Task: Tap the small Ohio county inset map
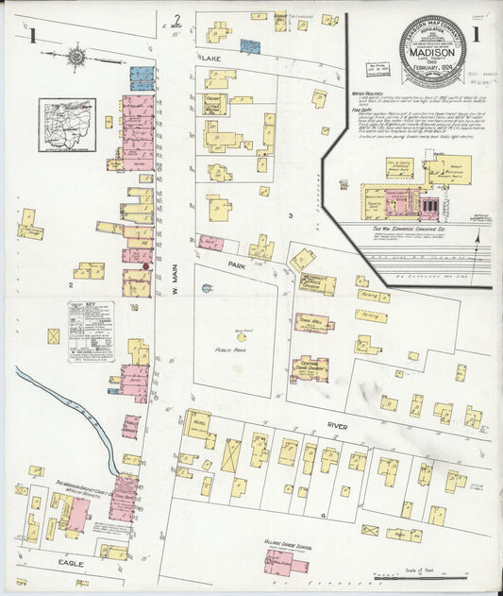(x=66, y=125)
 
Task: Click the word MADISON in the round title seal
(x=432, y=53)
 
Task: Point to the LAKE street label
(x=209, y=59)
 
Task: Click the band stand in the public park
(x=242, y=335)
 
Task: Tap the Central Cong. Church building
(x=310, y=367)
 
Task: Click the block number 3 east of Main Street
(x=292, y=217)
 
